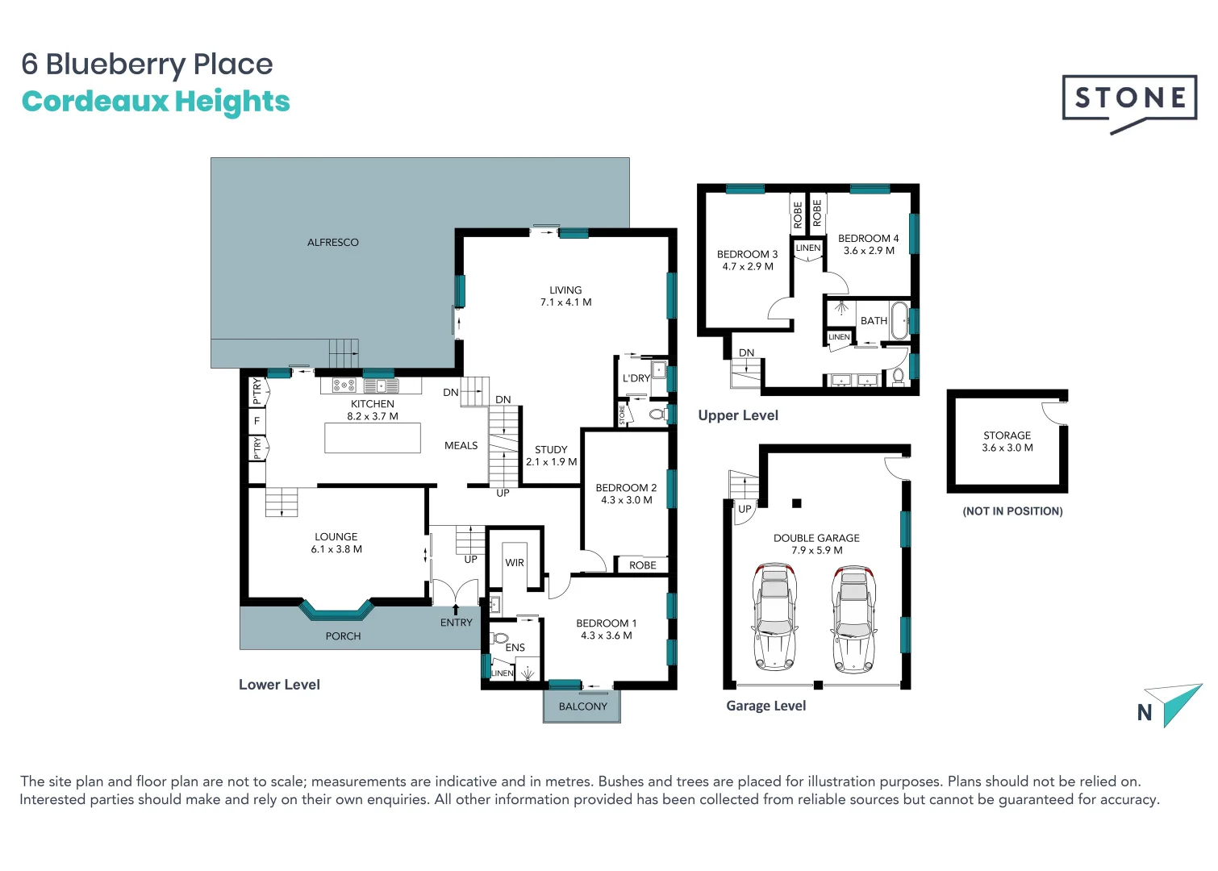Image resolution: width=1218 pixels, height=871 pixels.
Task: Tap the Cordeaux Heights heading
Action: point(156,102)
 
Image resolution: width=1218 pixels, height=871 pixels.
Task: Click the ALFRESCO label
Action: point(332,242)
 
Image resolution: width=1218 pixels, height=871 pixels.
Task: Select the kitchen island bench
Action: point(373,438)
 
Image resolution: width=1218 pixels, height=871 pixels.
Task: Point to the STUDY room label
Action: point(551,450)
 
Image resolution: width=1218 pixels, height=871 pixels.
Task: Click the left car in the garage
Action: point(774,618)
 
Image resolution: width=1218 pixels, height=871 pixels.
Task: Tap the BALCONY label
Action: point(582,706)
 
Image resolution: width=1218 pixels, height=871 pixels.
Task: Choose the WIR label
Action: point(515,563)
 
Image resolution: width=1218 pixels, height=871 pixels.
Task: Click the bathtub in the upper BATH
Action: point(899,320)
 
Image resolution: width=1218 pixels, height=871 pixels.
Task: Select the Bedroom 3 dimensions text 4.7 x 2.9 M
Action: point(747,267)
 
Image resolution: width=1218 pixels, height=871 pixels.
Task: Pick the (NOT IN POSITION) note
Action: point(1012,511)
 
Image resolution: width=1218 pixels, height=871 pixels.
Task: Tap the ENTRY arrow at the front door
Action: point(456,610)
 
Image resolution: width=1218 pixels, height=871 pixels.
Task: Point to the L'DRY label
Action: point(636,378)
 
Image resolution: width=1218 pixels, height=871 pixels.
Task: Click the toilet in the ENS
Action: point(500,639)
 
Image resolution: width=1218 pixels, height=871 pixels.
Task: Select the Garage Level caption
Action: point(765,706)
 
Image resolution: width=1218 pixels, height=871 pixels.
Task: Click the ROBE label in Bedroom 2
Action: point(642,565)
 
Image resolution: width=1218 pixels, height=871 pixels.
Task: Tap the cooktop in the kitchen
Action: point(344,385)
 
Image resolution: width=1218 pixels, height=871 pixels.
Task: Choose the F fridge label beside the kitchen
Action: point(257,421)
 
